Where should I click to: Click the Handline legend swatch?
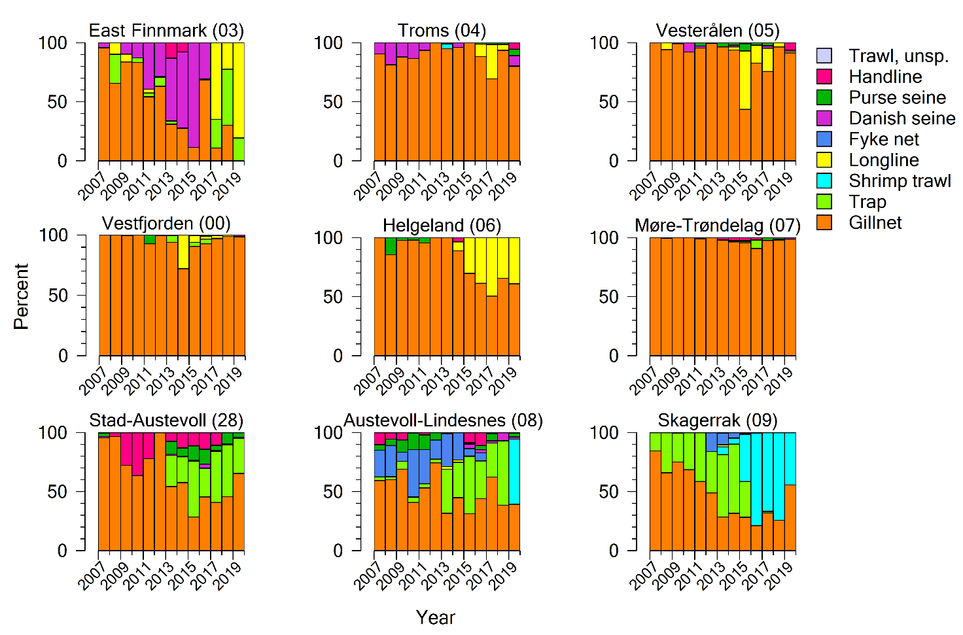pyautogui.click(x=824, y=77)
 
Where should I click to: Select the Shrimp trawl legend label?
pyautogui.click(x=900, y=181)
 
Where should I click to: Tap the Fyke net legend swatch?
pyautogui.click(x=824, y=139)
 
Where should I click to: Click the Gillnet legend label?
pyautogui.click(x=875, y=223)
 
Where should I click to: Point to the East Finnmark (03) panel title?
pyautogui.click(x=166, y=31)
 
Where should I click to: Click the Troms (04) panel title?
pyautogui.click(x=442, y=31)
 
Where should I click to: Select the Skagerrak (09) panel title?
pyautogui.click(x=717, y=420)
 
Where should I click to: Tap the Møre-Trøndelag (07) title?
pyautogui.click(x=718, y=226)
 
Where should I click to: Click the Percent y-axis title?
pyautogui.click(x=21, y=296)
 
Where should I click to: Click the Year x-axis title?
pyautogui.click(x=435, y=617)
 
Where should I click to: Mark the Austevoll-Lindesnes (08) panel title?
pyautogui.click(x=443, y=420)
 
